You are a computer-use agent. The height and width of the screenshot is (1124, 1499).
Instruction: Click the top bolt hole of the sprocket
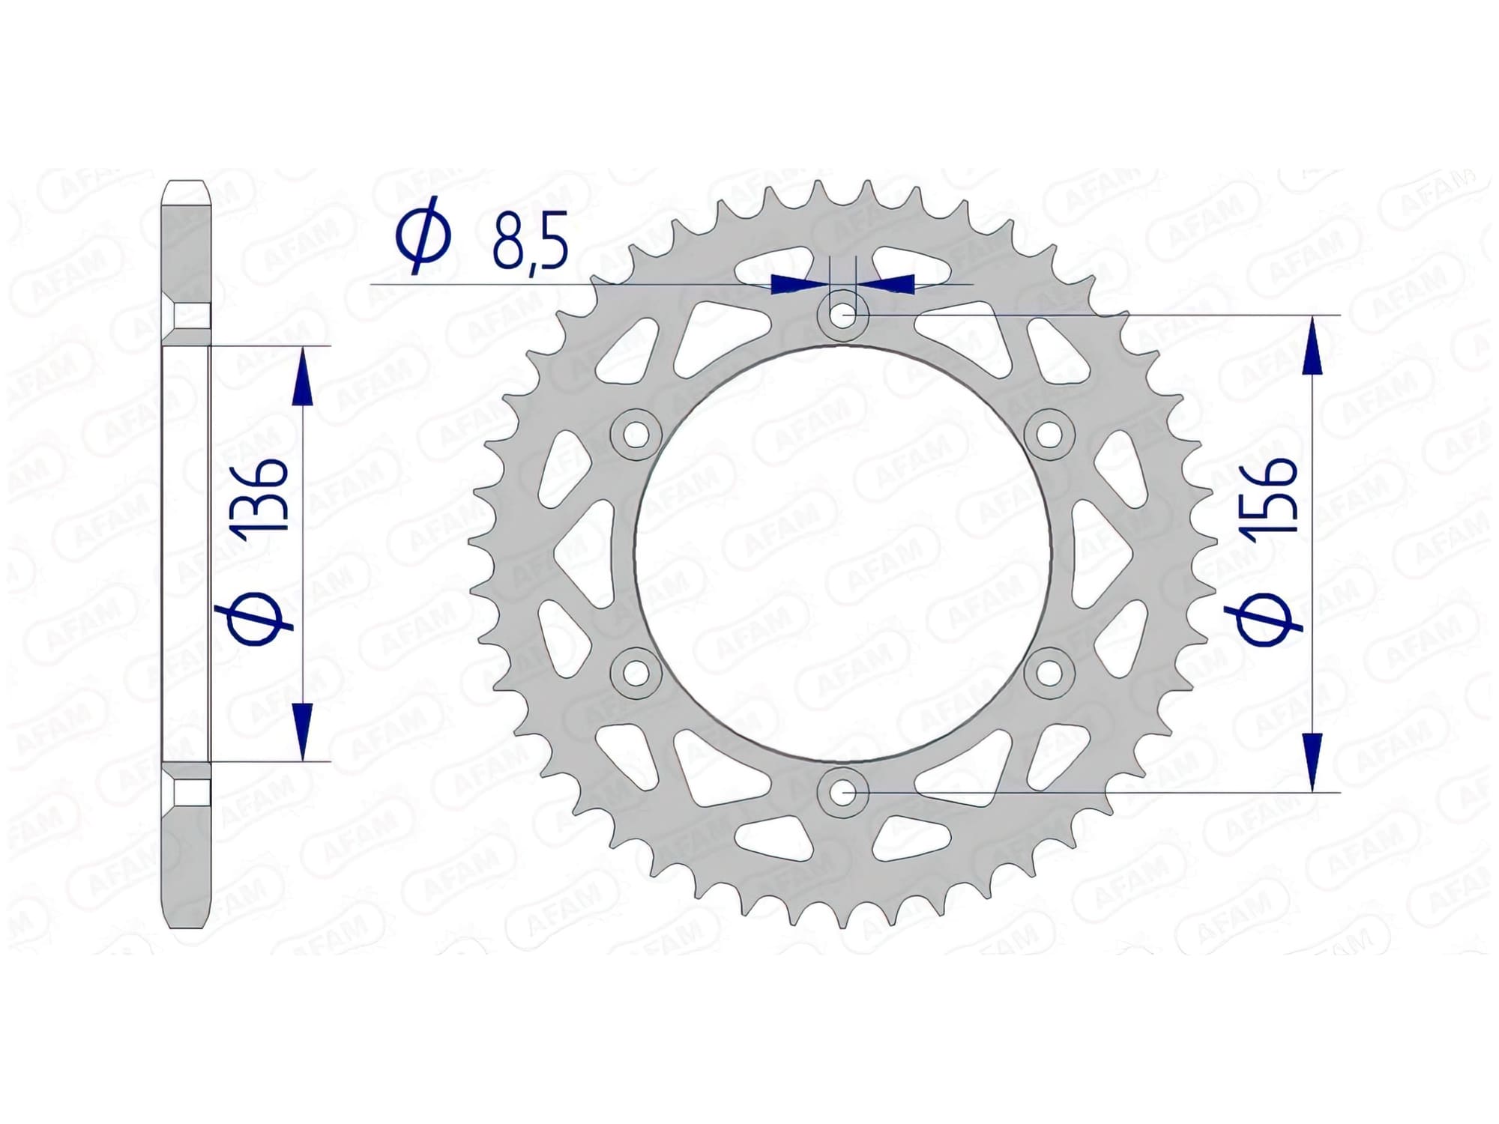[843, 315]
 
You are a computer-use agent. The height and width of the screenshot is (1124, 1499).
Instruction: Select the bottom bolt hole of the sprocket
[843, 791]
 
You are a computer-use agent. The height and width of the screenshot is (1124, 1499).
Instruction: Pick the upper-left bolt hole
[636, 434]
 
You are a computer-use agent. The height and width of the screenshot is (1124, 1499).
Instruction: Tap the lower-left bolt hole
[636, 672]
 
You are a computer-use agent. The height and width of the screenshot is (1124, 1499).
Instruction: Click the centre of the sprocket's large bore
[843, 553]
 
